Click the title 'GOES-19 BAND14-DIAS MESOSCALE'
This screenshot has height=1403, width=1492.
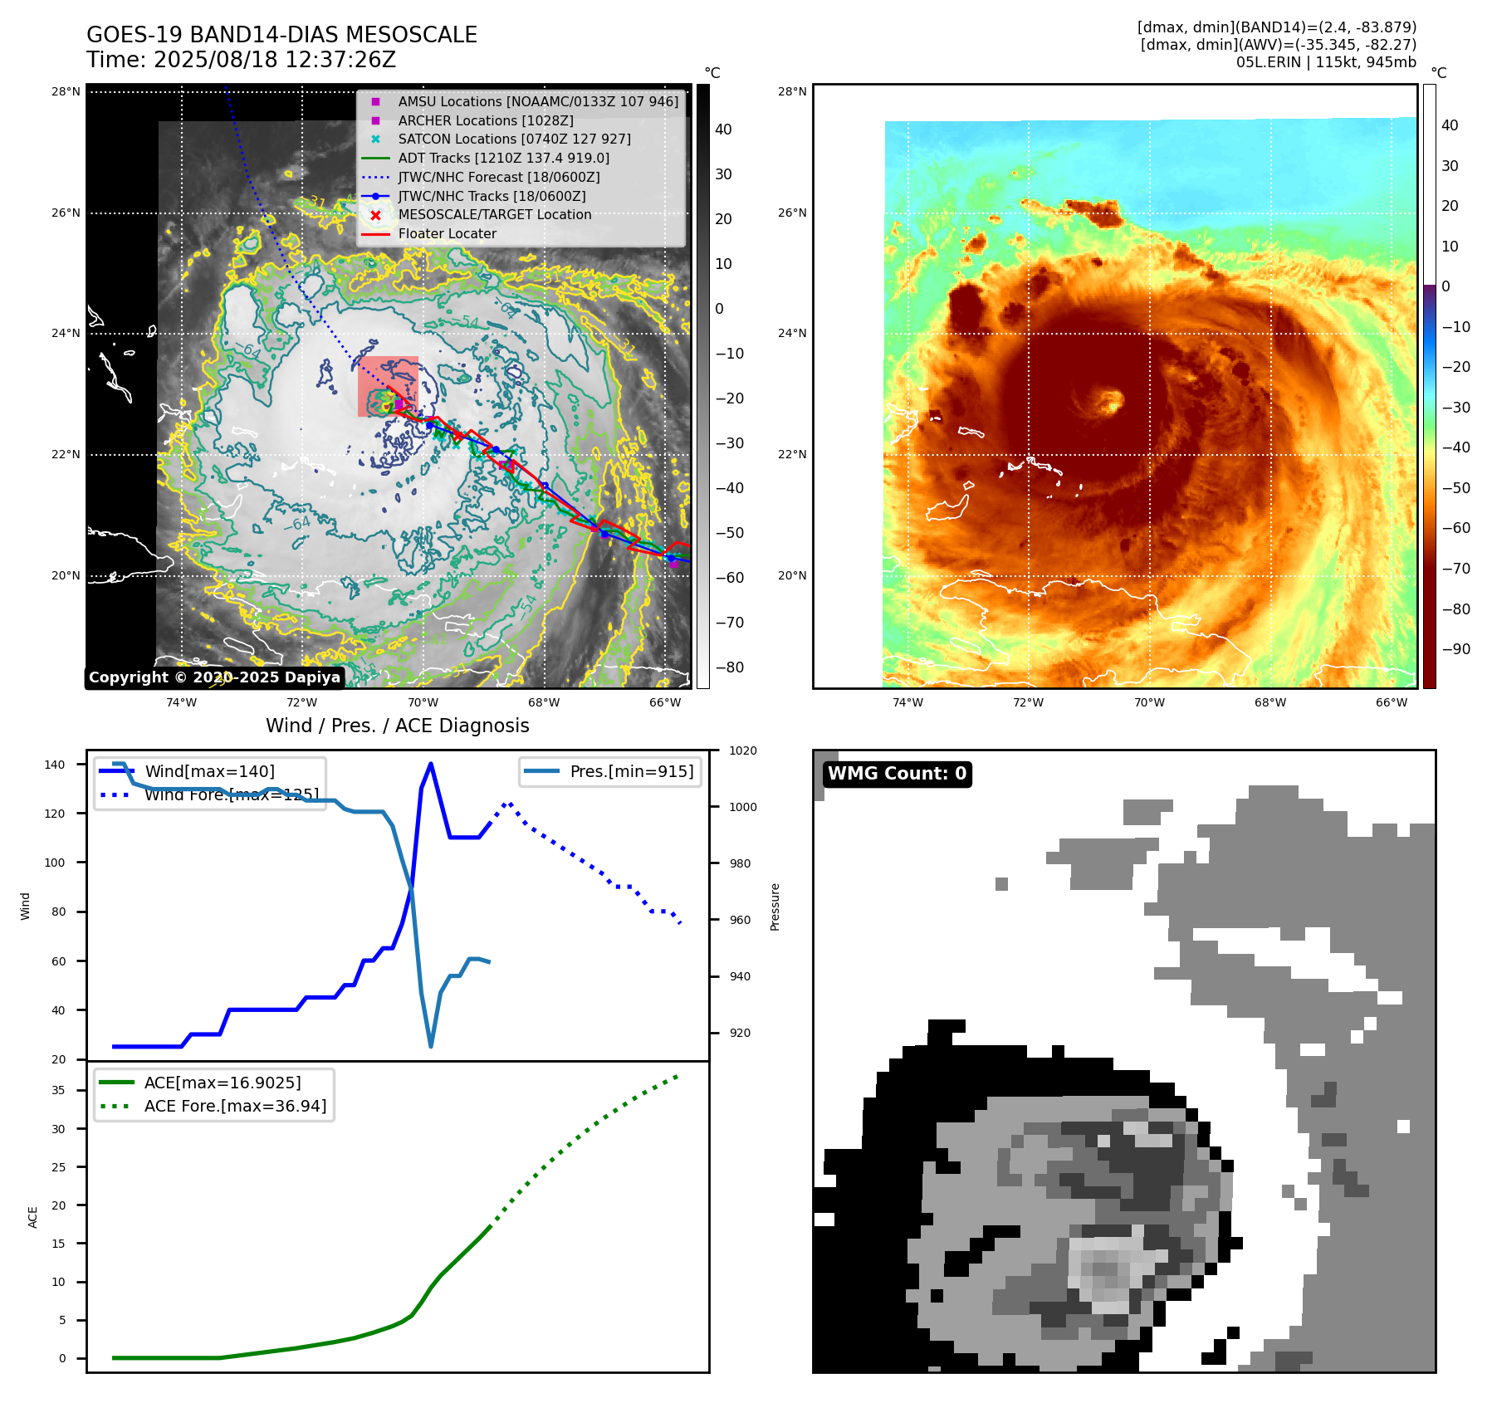coord(281,35)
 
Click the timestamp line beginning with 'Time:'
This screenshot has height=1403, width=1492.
coord(241,60)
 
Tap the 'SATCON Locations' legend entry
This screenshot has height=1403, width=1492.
coord(514,139)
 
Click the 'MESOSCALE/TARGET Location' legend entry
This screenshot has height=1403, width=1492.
coord(494,214)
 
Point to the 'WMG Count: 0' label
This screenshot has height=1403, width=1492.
coord(897,774)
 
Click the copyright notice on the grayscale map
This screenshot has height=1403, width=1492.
coord(214,677)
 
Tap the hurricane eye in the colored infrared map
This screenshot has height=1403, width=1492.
coord(1107,403)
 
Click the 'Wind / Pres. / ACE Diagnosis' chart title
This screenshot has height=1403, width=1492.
coord(397,726)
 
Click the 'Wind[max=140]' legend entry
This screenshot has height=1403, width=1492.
coord(209,771)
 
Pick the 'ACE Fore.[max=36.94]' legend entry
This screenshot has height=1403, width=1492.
coord(235,1106)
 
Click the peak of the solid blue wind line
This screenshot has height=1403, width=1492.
coord(430,764)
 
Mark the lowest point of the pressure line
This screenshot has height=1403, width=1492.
coord(430,1046)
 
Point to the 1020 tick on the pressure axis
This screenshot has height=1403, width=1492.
coord(742,750)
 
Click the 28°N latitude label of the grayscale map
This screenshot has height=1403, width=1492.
coord(66,91)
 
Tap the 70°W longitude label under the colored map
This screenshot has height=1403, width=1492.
coord(1149,702)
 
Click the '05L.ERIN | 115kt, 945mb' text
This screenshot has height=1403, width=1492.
coord(1325,62)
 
